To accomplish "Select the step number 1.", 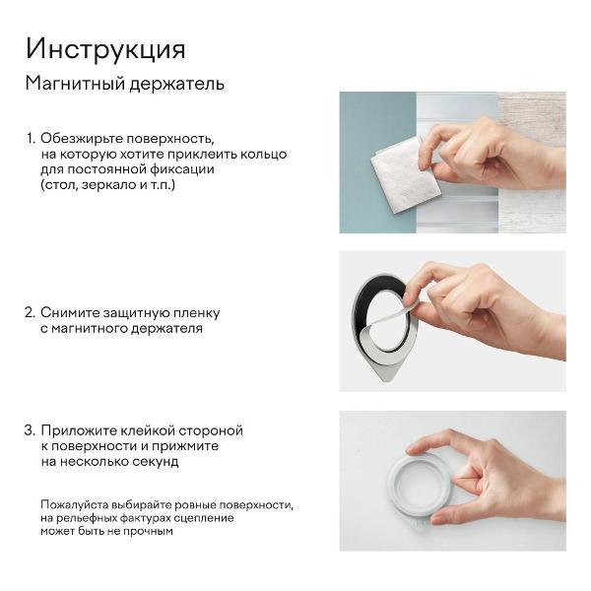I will [30, 139].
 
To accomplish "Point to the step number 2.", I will [30, 312].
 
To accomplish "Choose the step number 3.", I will [30, 430].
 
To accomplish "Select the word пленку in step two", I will [197, 312].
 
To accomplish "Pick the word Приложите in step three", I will [78, 430].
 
